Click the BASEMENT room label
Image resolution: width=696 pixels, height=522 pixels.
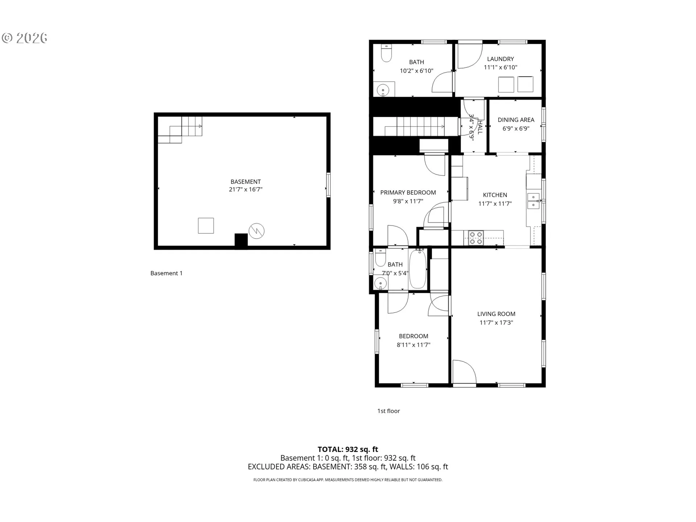[245, 182]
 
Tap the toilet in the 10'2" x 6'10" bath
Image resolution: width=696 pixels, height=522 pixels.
[386, 54]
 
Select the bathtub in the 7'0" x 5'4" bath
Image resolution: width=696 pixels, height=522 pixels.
[418, 269]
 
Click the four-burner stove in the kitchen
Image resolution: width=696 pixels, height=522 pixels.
[476, 238]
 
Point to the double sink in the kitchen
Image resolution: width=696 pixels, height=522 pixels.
[533, 201]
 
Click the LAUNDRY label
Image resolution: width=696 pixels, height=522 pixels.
[500, 59]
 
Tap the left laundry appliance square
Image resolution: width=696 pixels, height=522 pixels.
[506, 84]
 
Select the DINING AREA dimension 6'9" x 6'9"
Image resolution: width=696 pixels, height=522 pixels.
[516, 128]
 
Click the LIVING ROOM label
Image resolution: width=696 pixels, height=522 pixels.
[496, 314]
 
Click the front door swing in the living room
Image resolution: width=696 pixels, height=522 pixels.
[464, 372]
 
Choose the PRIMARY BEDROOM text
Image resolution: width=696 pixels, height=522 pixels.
[408, 192]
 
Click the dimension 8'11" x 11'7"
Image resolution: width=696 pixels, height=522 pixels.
[413, 345]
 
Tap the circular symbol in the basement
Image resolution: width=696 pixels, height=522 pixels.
[256, 231]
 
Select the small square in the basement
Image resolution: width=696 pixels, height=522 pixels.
[206, 225]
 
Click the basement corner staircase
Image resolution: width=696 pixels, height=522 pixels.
[180, 130]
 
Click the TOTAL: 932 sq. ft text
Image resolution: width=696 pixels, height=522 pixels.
[348, 449]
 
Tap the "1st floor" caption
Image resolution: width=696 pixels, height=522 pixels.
[388, 411]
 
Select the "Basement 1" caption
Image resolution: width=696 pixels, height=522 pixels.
[166, 273]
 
